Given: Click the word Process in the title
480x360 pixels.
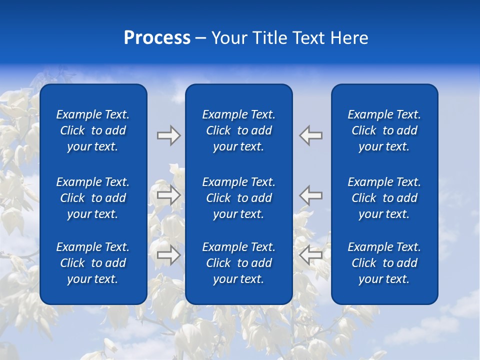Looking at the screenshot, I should point(157,38).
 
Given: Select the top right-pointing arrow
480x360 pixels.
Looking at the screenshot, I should point(168,135).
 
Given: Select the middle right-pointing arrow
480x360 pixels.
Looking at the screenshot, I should point(168,195).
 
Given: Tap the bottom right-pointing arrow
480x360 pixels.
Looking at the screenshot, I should point(168,255).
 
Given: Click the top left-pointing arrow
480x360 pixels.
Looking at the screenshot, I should point(311,135).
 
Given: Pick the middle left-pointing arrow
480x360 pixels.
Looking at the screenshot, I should point(311,195).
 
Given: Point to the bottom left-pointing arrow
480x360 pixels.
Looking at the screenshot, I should point(311,255).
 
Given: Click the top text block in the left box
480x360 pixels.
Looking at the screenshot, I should point(93,130).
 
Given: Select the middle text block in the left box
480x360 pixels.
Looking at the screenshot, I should point(93,198).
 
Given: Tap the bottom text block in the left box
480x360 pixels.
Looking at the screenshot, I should point(93,263).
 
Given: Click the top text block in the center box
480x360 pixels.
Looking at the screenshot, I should point(238,130).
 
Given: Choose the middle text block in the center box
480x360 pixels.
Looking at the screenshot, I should point(238,198).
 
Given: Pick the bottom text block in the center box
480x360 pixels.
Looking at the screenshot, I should point(238,263).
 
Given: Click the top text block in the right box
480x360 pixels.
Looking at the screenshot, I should point(384,130).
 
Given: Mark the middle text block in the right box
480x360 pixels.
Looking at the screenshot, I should point(384,198).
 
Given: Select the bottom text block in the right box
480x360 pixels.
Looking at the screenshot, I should point(384,263).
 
